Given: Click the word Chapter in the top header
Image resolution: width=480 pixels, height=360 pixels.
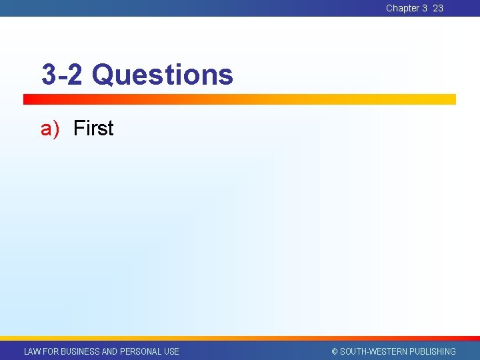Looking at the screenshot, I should click(402, 8).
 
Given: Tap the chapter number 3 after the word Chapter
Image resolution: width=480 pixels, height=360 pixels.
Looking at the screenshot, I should click(425, 8).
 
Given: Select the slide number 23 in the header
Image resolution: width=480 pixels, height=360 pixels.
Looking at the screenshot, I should click(438, 8).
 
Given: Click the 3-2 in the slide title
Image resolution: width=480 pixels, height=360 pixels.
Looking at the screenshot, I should click(62, 75).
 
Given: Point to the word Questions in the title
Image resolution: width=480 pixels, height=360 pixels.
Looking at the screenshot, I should click(163, 75).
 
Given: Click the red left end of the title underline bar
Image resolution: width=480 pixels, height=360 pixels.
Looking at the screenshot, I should click(30, 99).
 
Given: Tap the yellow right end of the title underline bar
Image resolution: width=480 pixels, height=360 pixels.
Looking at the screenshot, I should click(447, 99).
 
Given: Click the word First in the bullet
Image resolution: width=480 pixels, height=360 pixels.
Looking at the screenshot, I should click(93, 128).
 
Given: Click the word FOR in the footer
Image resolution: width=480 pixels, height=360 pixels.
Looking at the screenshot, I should click(51, 351).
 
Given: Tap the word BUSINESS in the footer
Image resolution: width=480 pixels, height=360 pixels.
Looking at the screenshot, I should click(81, 351).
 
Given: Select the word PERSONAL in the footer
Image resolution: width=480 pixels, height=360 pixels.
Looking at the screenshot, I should click(141, 351).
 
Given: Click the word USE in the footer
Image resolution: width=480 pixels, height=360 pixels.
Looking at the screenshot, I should click(171, 351).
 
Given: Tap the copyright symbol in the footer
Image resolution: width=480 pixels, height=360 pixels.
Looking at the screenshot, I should click(335, 351).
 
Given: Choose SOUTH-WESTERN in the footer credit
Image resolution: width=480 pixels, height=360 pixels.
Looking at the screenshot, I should click(374, 351).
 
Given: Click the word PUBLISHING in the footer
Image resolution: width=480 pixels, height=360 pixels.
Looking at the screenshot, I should click(433, 351).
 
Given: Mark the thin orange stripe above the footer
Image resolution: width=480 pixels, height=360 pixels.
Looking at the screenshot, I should click(240, 339).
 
